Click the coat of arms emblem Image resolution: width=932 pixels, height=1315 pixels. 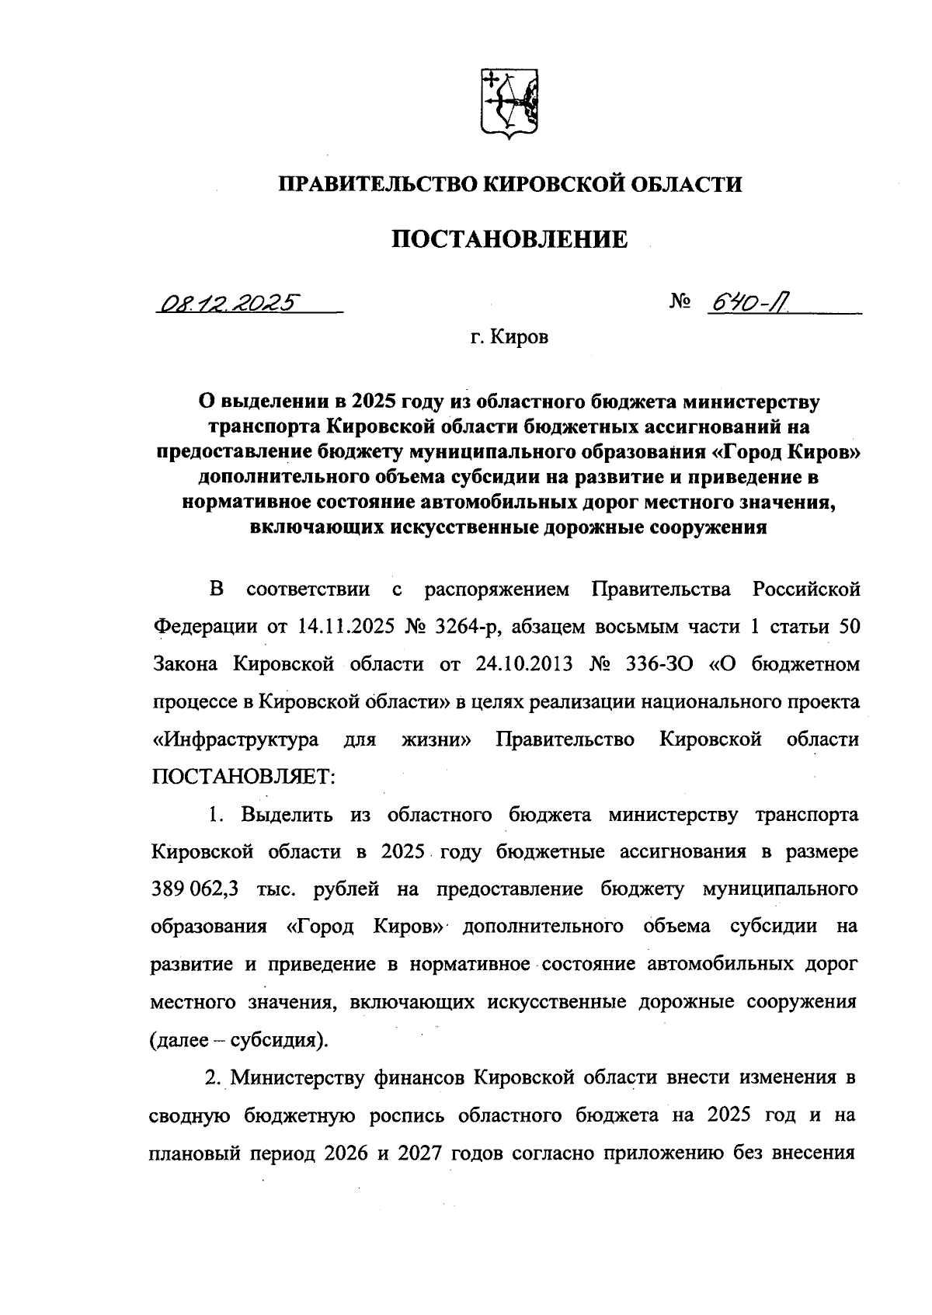[509, 105]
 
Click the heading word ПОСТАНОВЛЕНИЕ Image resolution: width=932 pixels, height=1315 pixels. [509, 239]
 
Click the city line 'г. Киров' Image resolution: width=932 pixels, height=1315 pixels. [509, 338]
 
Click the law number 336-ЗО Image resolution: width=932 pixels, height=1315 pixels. [654, 664]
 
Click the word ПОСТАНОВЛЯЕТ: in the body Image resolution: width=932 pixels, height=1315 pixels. [244, 776]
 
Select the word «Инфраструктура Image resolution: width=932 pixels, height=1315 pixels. [235, 739]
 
